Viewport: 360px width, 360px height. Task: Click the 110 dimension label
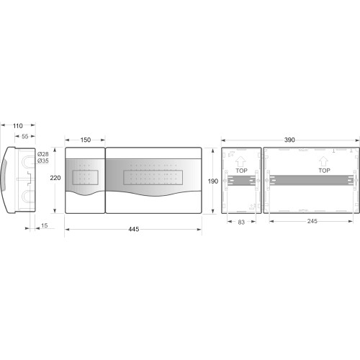[18, 126]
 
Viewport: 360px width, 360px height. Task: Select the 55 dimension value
[25, 136]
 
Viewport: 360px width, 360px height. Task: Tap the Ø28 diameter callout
[43, 154]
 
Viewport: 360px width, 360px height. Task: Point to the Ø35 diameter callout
[43, 161]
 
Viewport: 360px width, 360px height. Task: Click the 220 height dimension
[55, 178]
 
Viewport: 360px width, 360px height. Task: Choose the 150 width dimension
[86, 140]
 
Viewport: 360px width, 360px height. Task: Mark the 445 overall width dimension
[134, 229]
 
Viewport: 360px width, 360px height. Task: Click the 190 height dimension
[213, 181]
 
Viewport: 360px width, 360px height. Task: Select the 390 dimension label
[289, 140]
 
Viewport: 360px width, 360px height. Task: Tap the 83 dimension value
[241, 222]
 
